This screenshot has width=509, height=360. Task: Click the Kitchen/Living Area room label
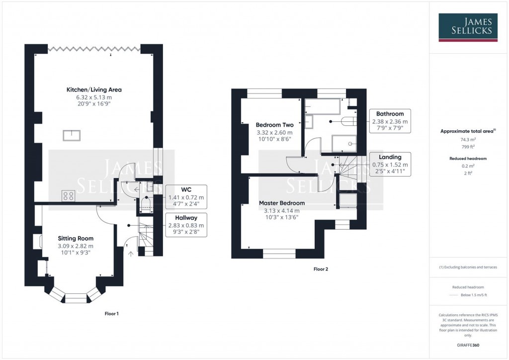[x=94, y=90]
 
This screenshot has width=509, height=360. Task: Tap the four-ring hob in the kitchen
[x=69, y=195]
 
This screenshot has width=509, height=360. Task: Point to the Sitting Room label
[x=76, y=238]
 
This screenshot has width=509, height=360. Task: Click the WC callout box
[x=185, y=193]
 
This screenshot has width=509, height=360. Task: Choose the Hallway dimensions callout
[x=186, y=225]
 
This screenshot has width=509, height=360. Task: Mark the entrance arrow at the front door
[x=131, y=254]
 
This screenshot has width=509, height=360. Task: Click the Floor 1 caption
[x=111, y=314]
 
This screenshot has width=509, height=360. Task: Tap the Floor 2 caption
[x=321, y=269]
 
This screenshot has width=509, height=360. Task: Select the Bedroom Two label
[x=274, y=125]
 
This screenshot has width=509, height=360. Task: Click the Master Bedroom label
[x=282, y=203]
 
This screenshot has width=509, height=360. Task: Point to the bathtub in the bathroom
[x=323, y=105]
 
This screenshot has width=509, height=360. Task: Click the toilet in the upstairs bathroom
[x=347, y=121]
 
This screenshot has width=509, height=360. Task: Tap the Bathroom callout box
[x=390, y=121]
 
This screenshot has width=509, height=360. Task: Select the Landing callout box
[x=390, y=165]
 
